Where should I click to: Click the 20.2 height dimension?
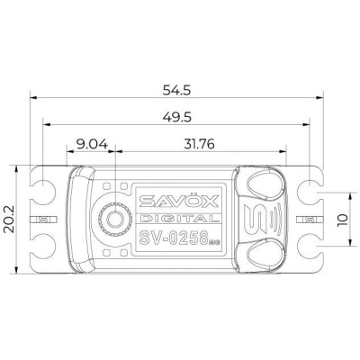click(11, 219)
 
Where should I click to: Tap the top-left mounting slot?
click(40, 191)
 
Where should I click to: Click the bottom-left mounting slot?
click(40, 247)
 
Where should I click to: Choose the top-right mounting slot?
click(311, 191)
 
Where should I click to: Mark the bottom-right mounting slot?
click(311, 247)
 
